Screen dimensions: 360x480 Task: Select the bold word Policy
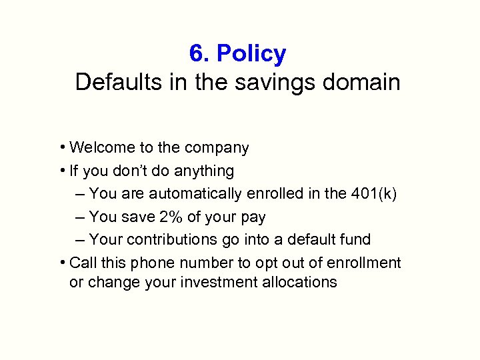coord(251,53)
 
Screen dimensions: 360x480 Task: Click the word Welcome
coord(101,147)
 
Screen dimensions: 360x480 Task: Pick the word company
coord(217,148)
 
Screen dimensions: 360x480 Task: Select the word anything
coord(204,171)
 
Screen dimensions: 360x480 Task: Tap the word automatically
coord(195,194)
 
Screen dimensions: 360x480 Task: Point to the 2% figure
coord(169,217)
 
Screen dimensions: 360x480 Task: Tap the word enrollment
coord(364,263)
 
